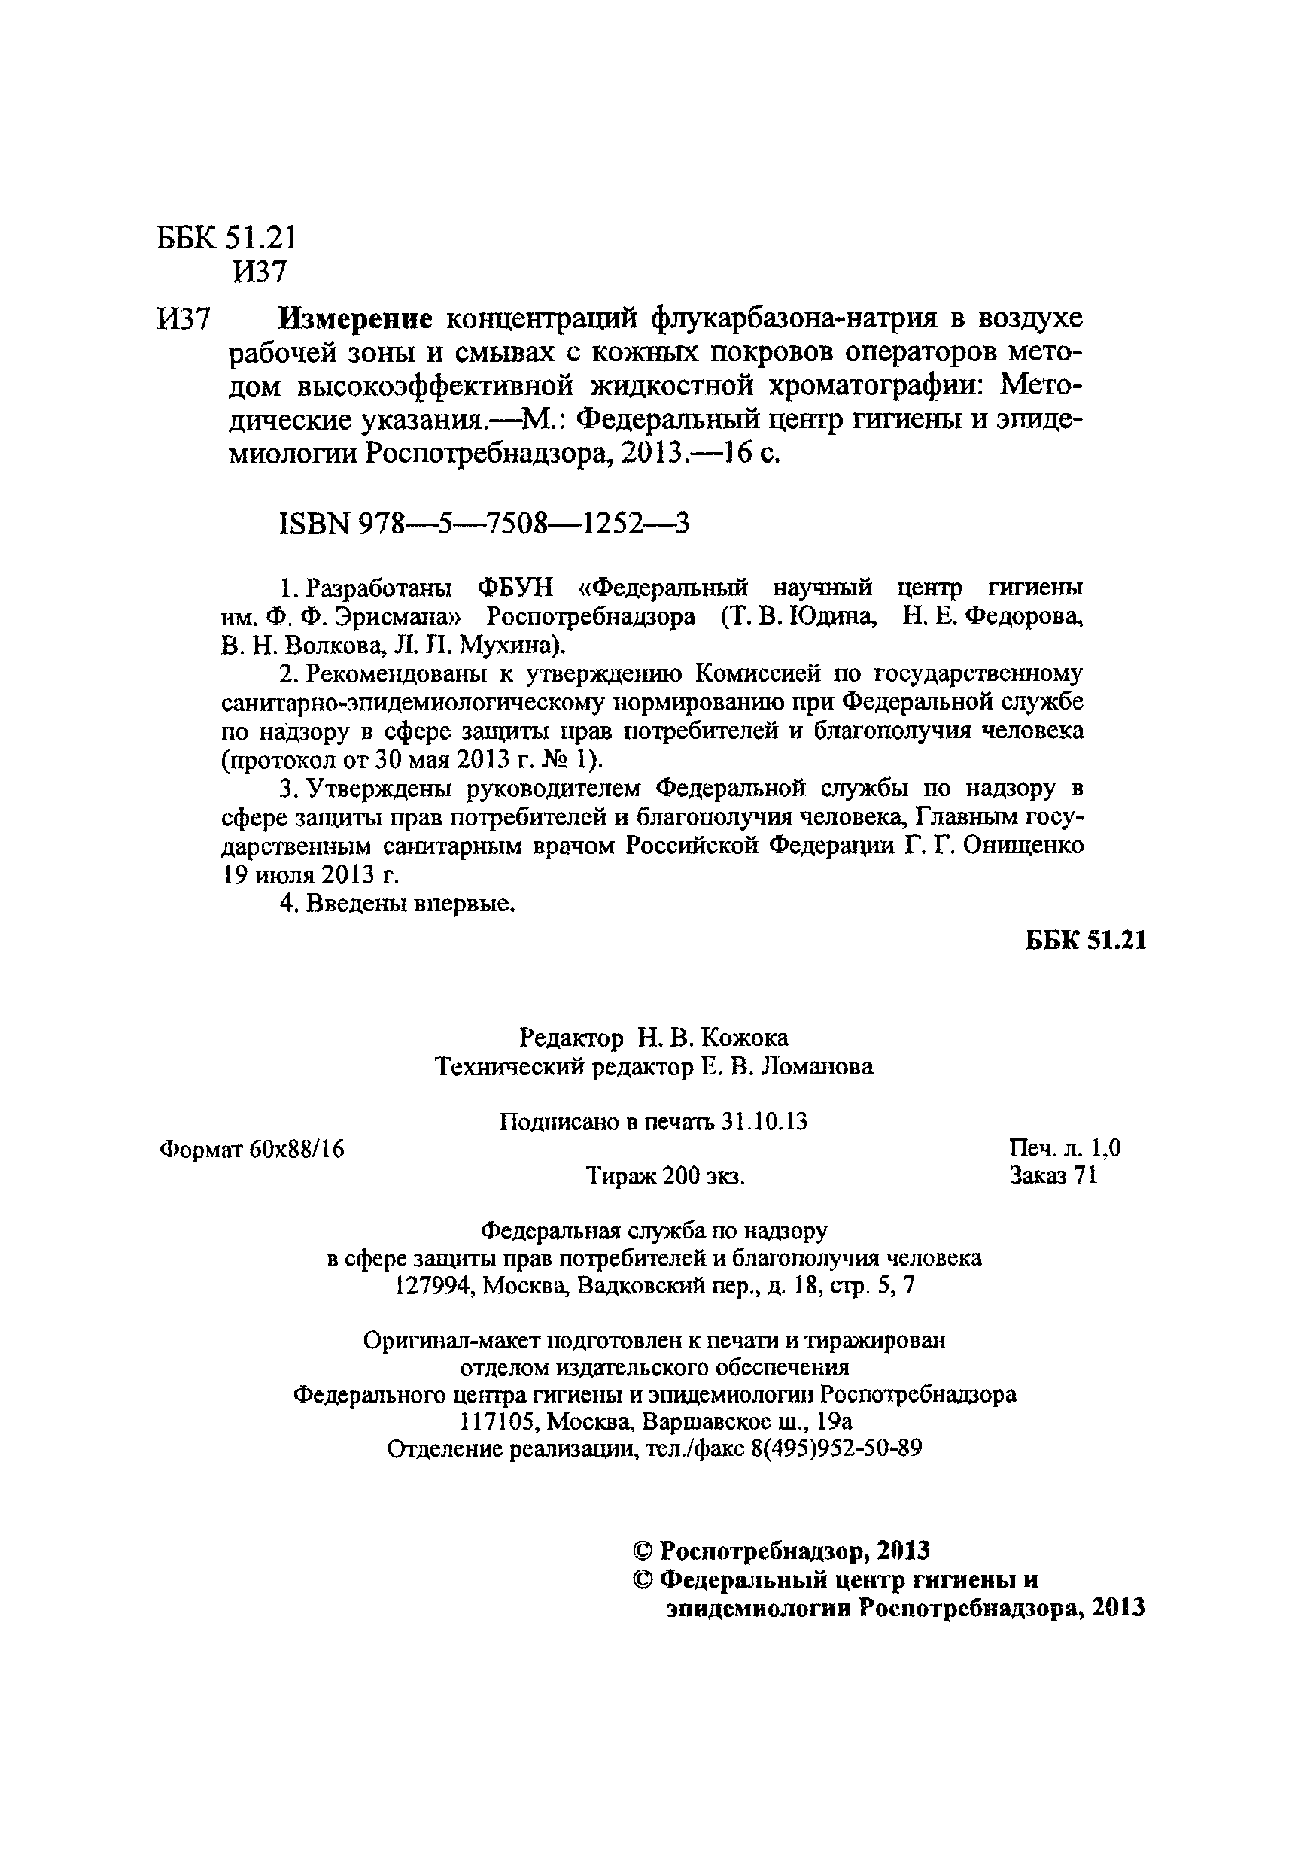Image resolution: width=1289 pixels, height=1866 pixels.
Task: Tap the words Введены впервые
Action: [410, 904]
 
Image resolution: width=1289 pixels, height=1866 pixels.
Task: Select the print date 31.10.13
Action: [765, 1122]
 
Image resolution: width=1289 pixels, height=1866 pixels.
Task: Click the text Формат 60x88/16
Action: [252, 1149]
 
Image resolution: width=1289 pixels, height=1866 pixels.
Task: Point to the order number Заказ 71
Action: [1053, 1175]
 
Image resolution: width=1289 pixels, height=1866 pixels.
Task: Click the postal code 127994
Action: [433, 1286]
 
